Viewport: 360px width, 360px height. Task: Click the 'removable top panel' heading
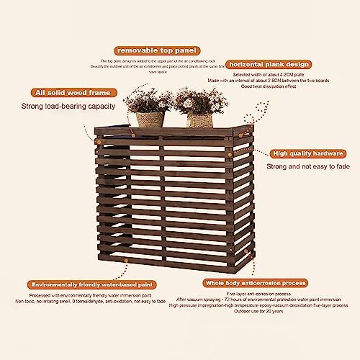point(156,51)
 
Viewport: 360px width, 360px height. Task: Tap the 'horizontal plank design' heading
point(271,63)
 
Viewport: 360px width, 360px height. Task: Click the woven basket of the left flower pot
point(150,119)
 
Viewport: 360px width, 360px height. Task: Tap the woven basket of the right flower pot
point(199,120)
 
